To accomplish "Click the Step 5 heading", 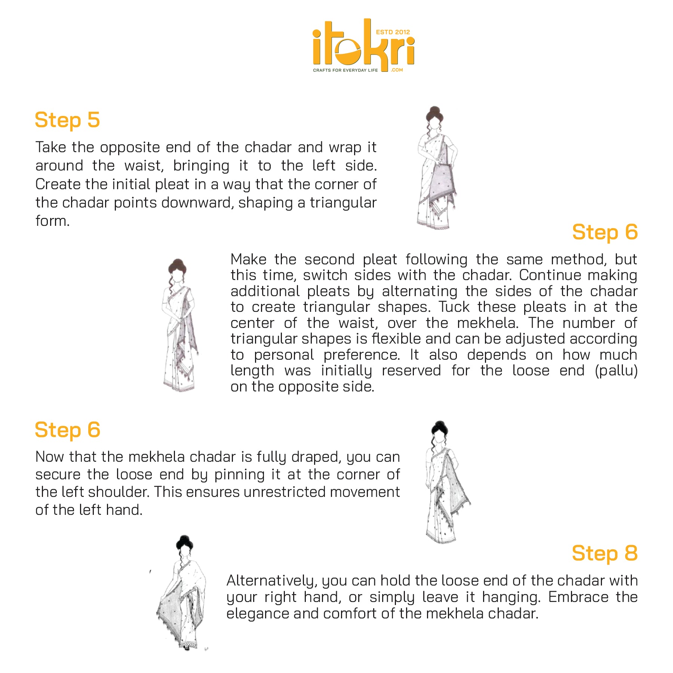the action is pyautogui.click(x=67, y=120).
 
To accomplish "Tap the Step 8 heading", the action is pyautogui.click(x=605, y=553).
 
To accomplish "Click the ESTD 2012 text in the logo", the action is pyautogui.click(x=393, y=32).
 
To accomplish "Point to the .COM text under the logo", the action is pyautogui.click(x=397, y=70).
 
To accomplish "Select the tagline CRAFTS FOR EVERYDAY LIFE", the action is pyautogui.click(x=345, y=70).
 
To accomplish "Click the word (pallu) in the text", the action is pyautogui.click(x=616, y=371).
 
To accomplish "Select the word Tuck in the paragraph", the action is pyautogui.click(x=454, y=307).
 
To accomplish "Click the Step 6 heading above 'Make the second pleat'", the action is pyautogui.click(x=605, y=233).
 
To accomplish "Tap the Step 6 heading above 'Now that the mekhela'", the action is pyautogui.click(x=67, y=430).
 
